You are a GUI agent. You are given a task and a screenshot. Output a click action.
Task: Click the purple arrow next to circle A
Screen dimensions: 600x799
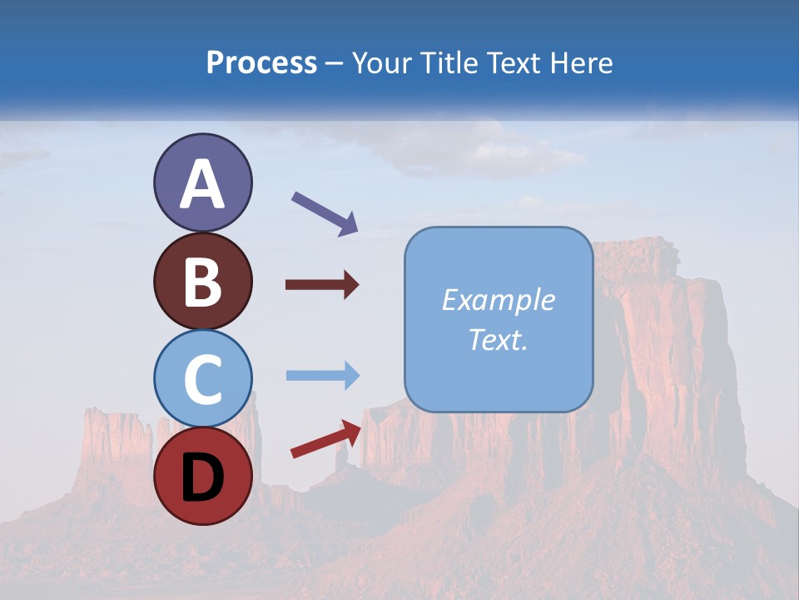tap(325, 213)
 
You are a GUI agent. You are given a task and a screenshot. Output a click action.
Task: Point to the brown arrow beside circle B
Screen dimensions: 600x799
tap(322, 285)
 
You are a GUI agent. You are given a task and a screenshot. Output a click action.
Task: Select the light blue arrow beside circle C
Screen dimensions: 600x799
tap(322, 375)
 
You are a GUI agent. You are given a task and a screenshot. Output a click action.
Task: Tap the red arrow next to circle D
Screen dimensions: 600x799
tap(325, 439)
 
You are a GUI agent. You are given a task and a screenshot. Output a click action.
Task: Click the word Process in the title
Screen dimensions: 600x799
tap(261, 63)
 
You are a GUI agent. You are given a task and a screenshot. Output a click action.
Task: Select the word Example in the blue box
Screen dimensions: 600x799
tap(499, 301)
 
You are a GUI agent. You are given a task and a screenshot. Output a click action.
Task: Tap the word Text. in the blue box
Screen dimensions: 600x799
tap(499, 339)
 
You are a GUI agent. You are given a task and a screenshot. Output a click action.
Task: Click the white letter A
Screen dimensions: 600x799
tap(202, 184)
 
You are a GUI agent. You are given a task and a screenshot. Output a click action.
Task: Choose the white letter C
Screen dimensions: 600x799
tap(202, 379)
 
